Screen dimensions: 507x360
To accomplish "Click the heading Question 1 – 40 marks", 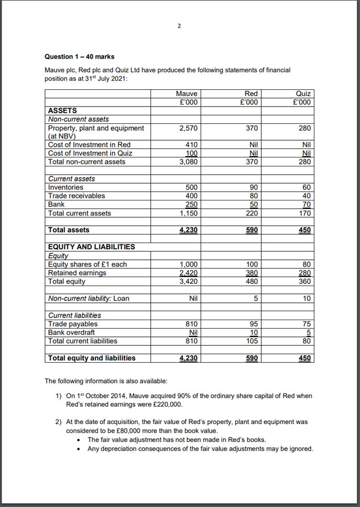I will click(79, 57).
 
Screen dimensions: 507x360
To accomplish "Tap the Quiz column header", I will click(303, 93).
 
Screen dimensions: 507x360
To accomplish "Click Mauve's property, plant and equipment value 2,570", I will click(188, 128).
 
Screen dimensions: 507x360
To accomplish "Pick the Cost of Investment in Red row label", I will click(89, 144).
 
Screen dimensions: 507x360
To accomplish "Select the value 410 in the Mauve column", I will click(192, 144).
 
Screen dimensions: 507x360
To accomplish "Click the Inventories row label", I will click(66, 187).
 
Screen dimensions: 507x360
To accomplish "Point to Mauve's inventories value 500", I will click(192, 187).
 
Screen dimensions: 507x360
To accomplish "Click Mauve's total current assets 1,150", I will click(188, 213).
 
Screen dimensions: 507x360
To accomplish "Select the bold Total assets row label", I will click(69, 230).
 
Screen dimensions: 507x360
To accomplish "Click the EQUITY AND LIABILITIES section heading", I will click(91, 247).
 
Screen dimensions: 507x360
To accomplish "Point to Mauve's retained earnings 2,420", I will click(188, 273).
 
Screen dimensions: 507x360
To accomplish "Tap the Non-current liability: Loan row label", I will click(88, 299).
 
